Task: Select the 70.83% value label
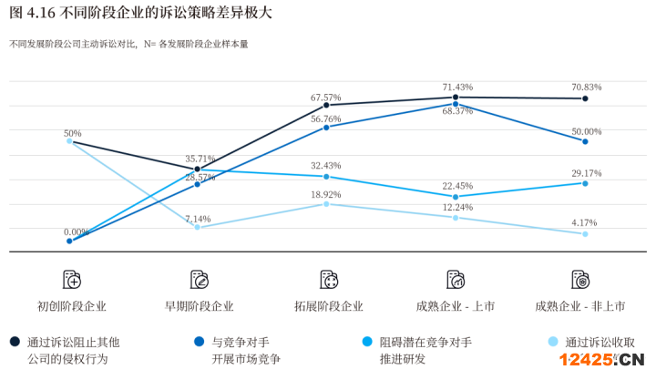coord(585,87)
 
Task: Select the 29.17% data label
coord(585,172)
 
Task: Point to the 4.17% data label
coord(585,222)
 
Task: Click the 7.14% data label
coord(198,219)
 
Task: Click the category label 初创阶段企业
coord(72,306)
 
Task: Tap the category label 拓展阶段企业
coord(329,306)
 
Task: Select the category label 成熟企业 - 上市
coord(457,306)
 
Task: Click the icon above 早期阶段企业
coord(200,279)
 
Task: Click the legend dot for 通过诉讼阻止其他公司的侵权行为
coord(15,343)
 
